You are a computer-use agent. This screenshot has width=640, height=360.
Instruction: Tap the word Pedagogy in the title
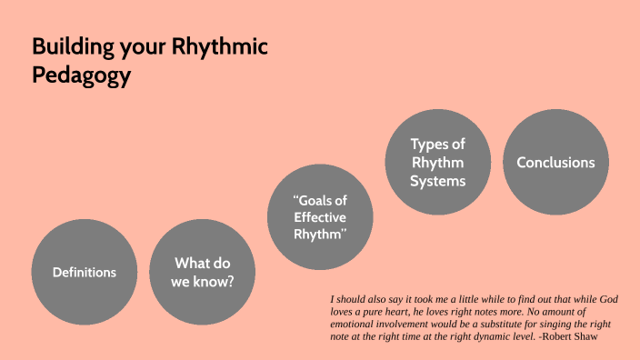(x=82, y=76)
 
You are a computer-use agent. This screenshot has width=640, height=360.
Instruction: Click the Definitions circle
(x=84, y=272)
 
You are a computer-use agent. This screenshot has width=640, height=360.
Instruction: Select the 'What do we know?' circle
(x=202, y=272)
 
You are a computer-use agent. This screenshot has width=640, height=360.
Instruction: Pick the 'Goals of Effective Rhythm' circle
(x=320, y=217)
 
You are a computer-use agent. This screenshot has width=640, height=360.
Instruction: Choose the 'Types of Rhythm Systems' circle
(x=438, y=163)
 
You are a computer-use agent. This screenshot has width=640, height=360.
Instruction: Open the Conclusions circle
(x=555, y=163)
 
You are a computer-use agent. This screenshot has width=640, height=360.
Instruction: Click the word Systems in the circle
(x=438, y=181)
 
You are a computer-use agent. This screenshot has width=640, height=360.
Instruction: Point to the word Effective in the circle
(x=320, y=217)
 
